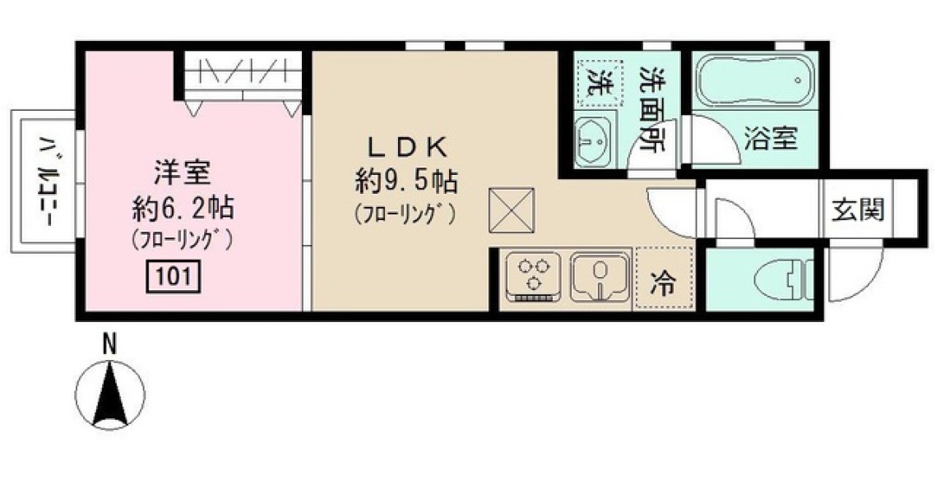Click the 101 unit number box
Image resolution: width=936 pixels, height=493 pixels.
pos(173,276)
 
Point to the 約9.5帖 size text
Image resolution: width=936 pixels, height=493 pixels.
pos(406,179)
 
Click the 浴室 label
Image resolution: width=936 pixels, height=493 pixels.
pos(770,138)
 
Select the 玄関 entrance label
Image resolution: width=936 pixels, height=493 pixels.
pos(858,210)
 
